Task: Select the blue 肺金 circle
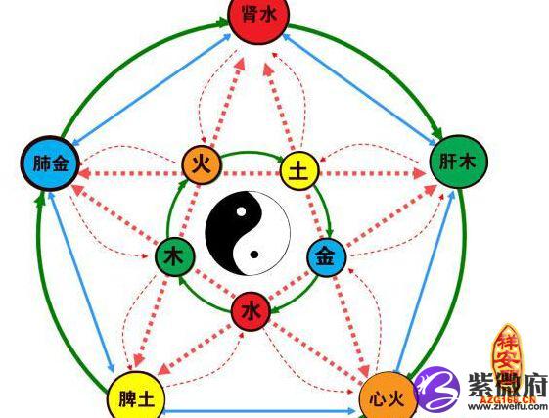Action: pyautogui.click(x=51, y=163)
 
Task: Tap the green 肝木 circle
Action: pyautogui.click(x=458, y=162)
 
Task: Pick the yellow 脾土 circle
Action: pyautogui.click(x=136, y=395)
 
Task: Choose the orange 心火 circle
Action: pyautogui.click(x=389, y=396)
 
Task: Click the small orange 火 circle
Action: pyautogui.click(x=202, y=164)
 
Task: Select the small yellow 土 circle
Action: pyautogui.click(x=300, y=171)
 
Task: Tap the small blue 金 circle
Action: pyautogui.click(x=326, y=257)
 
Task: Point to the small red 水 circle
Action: pyautogui.click(x=251, y=311)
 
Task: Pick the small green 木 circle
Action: pyautogui.click(x=175, y=256)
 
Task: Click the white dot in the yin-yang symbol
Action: pyautogui.click(x=241, y=211)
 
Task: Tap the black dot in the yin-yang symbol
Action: pyautogui.click(x=254, y=255)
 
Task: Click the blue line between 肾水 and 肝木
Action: pyautogui.click(x=359, y=89)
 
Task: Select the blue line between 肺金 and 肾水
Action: pyautogui.click(x=152, y=89)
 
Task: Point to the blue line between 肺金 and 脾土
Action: pyautogui.click(x=81, y=282)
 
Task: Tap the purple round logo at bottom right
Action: pyautogui.click(x=436, y=389)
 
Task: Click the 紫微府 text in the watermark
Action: pyautogui.click(x=507, y=385)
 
